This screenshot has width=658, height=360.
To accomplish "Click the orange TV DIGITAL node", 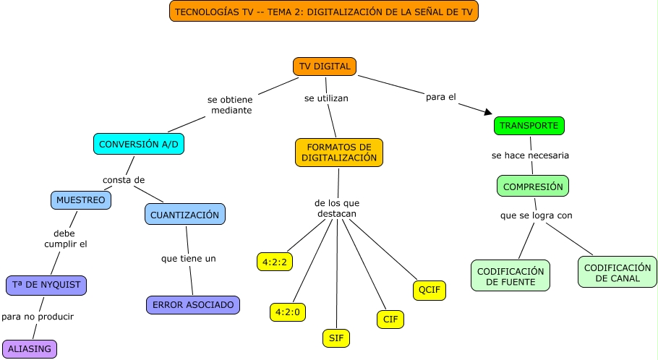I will click(x=325, y=67).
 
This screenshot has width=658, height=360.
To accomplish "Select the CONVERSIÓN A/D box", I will click(x=138, y=144).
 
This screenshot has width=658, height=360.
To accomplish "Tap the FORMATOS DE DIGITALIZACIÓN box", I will click(x=339, y=152).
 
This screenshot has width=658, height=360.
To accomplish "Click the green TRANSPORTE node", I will click(x=529, y=125).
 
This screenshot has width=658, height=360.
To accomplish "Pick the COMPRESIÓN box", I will click(x=533, y=186).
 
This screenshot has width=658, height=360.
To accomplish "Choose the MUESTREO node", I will click(x=81, y=200).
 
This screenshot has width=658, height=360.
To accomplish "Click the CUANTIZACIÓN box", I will click(x=184, y=214).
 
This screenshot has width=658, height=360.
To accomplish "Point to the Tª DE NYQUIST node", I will click(x=46, y=285).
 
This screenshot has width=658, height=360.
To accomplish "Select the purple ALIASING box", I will click(x=29, y=348).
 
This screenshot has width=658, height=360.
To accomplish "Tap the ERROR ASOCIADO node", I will click(x=193, y=305).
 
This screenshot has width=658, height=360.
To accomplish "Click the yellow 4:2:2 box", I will click(x=275, y=261).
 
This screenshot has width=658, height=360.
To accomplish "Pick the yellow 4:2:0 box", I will click(x=288, y=312).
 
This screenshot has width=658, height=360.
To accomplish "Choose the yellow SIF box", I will click(x=336, y=338).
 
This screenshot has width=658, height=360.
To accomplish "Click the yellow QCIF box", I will click(x=429, y=291).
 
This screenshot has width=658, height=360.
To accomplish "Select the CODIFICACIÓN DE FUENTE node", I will click(x=510, y=275).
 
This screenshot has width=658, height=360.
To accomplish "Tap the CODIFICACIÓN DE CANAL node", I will click(x=618, y=272).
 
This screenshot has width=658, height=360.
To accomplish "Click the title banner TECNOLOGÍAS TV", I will click(x=324, y=12).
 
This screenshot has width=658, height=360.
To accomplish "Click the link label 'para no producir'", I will click(x=38, y=317).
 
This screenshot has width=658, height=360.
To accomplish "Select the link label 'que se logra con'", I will click(x=537, y=215).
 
